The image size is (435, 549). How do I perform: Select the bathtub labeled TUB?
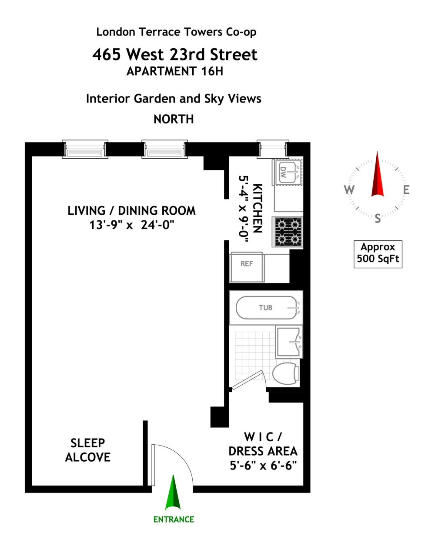pyautogui.click(x=268, y=307)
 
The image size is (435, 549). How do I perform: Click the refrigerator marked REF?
pyautogui.click(x=247, y=267)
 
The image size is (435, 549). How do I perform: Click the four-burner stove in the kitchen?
pyautogui.click(x=288, y=232)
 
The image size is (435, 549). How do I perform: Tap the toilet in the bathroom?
pyautogui.click(x=286, y=373)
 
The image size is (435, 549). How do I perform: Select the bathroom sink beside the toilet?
pyautogui.click(x=289, y=342)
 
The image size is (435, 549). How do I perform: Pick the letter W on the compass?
pyautogui.click(x=349, y=190)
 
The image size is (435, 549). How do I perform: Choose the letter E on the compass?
pyautogui.click(x=406, y=190)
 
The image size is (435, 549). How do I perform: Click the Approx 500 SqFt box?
pyautogui.click(x=378, y=254)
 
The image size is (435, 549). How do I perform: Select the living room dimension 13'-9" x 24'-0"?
pyautogui.click(x=132, y=225)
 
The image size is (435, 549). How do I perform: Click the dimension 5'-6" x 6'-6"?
pyautogui.click(x=263, y=466)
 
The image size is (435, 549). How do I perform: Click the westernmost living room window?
pyautogui.click(x=85, y=149)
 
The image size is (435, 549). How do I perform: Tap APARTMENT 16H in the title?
pyautogui.click(x=175, y=71)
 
